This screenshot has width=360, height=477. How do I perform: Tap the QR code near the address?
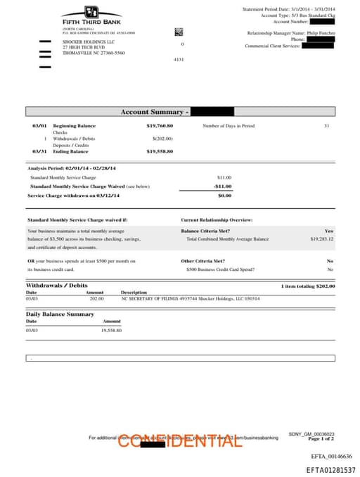[x=179, y=32]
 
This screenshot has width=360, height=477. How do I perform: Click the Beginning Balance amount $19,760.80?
[x=160, y=125]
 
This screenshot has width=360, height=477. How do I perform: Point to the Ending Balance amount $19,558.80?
[x=160, y=151]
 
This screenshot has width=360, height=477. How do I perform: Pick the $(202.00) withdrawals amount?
[x=162, y=139]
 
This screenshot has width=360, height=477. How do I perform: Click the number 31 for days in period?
[x=326, y=125]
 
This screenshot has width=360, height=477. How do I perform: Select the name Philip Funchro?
[x=321, y=33]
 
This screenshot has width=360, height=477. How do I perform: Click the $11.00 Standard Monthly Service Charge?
[x=224, y=177]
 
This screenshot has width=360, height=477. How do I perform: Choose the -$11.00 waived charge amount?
[x=223, y=186]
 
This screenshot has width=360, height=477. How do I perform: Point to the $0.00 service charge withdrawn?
[x=224, y=196]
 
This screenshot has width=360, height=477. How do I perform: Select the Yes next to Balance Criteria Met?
[x=329, y=231]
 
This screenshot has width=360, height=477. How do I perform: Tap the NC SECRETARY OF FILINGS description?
[x=190, y=298]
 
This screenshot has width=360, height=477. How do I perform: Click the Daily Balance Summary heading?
[x=60, y=314]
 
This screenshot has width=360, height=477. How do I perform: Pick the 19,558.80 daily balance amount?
[x=111, y=330]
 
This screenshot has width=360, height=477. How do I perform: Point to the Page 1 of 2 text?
[x=321, y=439]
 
